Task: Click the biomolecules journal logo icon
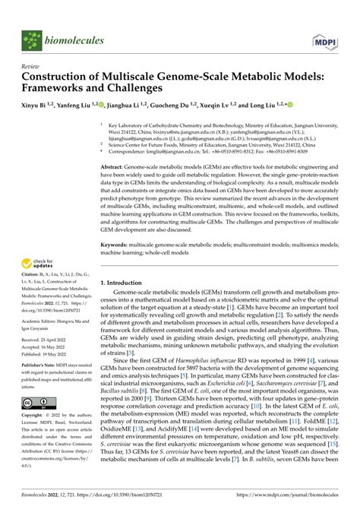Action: pyautogui.click(x=33, y=40)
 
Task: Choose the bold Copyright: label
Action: pyautogui.click(x=36, y=438)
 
